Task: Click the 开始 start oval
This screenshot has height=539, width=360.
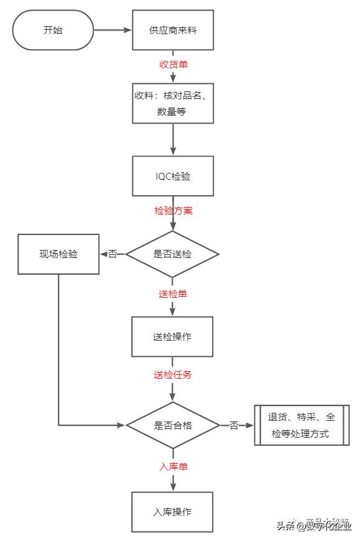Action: (x=53, y=30)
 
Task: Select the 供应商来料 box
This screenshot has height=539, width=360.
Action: (x=173, y=30)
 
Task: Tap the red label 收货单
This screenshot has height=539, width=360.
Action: (x=173, y=64)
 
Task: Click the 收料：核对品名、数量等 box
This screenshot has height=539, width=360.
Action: (x=173, y=103)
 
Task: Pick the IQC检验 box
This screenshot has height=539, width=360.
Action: (x=173, y=176)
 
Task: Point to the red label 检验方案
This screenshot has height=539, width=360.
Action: (x=173, y=210)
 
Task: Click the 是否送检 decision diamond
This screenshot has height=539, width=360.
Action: (x=173, y=254)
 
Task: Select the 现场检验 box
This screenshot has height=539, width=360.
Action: (x=58, y=254)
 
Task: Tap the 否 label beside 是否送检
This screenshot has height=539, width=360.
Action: (x=113, y=254)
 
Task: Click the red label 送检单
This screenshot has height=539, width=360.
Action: (x=173, y=293)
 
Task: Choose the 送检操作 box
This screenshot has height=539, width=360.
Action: (x=172, y=336)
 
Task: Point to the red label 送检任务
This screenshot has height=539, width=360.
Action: (x=173, y=375)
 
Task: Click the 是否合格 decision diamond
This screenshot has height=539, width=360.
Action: (x=173, y=426)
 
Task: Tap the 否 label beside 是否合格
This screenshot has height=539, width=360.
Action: (x=234, y=426)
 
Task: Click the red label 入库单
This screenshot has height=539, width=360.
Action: (x=173, y=466)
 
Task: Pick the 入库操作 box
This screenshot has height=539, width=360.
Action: (x=172, y=512)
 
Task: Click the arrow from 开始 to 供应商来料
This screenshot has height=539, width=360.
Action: (x=113, y=30)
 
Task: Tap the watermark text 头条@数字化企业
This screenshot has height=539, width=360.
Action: (x=313, y=526)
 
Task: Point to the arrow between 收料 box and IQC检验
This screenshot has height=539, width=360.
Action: (x=173, y=140)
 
